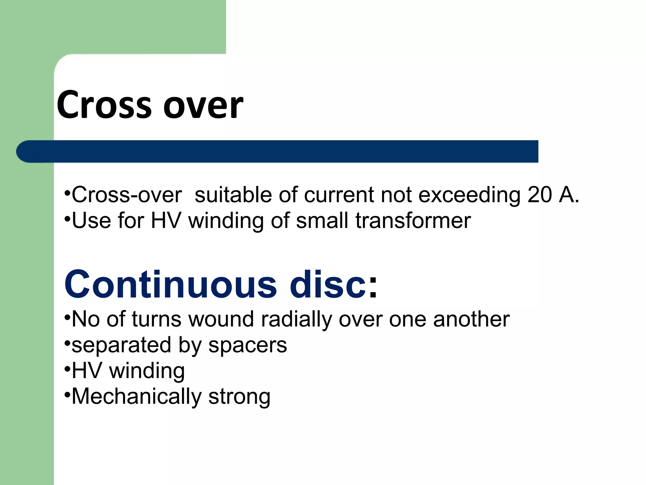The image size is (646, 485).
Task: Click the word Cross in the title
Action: point(104,105)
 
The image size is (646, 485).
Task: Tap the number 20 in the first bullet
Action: point(540,195)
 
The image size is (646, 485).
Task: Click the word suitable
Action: point(233,195)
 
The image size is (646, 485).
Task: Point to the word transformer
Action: point(413,221)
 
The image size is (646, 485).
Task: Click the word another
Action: point(471,320)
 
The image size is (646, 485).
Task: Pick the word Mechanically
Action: point(136,397)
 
